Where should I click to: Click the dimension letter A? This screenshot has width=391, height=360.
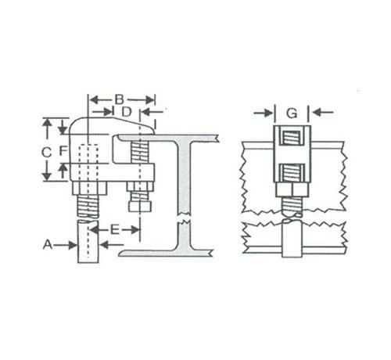pos(48,245)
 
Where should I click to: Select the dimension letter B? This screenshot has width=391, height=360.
pos(120,99)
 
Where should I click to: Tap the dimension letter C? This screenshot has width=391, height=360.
pos(46,152)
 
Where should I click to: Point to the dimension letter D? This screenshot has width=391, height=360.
pos(127,112)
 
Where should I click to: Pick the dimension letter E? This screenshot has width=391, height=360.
pos(115,230)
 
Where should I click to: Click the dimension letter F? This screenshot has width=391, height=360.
pos(63,151)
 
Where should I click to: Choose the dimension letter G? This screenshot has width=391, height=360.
pos(292,113)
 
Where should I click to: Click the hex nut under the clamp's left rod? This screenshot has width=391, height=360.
pos(89,189)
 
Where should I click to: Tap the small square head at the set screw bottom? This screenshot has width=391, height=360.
pos(140,206)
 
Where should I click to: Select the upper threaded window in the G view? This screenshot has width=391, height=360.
pos(292,139)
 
